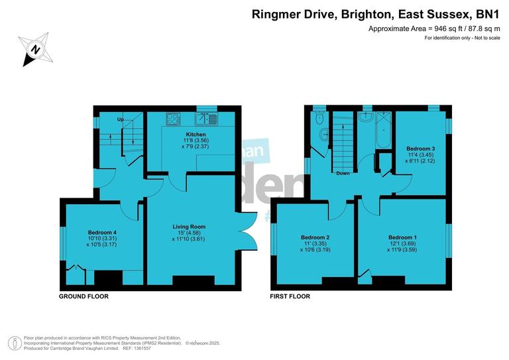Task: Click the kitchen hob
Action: (173, 119)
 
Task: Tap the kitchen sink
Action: (205, 119)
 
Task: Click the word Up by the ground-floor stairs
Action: (121, 119)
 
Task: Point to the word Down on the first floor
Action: (343, 173)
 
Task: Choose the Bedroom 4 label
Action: (102, 233)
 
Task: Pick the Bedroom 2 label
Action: (315, 237)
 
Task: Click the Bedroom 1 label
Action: (402, 237)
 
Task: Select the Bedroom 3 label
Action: (420, 148)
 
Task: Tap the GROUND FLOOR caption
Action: (83, 296)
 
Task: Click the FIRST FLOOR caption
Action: (290, 296)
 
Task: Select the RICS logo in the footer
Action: (13, 343)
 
